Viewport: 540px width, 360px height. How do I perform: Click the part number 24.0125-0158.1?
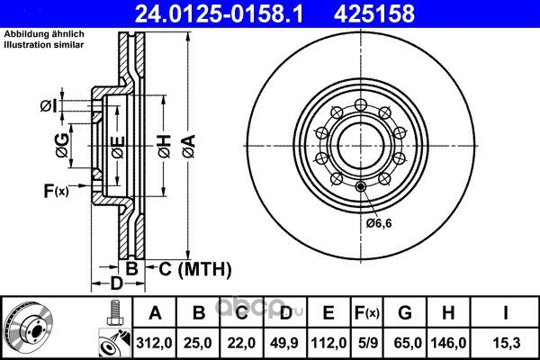pos(219,13)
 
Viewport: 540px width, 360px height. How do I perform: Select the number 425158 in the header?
pos(374,13)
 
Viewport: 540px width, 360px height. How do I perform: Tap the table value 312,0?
pos(154,343)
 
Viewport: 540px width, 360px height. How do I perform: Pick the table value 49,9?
pos(284,343)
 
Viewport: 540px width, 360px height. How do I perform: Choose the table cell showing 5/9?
pos(367,343)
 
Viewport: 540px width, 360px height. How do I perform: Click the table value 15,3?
pos(506,343)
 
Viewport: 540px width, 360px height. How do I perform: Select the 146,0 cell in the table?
pos(448,343)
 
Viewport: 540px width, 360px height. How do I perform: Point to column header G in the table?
pos(405,313)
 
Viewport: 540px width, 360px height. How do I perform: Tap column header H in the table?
pos(448,313)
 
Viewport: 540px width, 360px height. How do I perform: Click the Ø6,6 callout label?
pos(379,223)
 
